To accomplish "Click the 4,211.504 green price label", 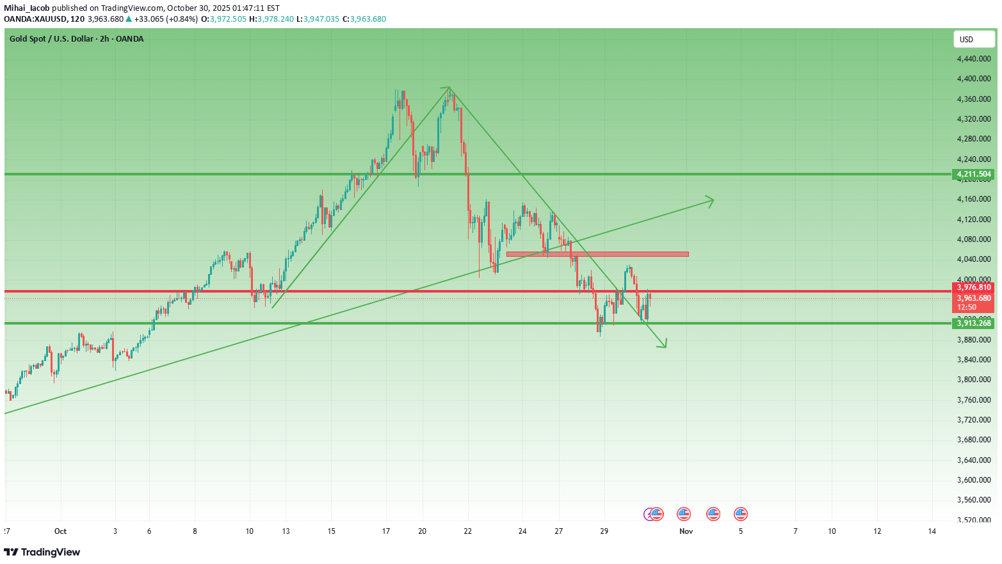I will click(x=974, y=174).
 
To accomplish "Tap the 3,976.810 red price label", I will click(x=974, y=287).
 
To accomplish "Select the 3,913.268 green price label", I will click(x=974, y=323).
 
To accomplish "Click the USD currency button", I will click(x=974, y=40).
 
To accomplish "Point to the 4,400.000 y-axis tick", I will click(x=974, y=79).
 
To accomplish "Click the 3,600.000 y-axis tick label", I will click(x=974, y=480).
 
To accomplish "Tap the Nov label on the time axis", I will click(x=686, y=531).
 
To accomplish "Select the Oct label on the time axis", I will click(x=60, y=531).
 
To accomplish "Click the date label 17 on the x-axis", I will click(x=386, y=531).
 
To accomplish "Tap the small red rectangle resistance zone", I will click(x=597, y=254).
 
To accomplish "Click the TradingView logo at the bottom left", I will click(x=42, y=552).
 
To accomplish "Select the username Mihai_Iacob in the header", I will click(x=27, y=8).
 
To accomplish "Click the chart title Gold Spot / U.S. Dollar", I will click(x=76, y=39).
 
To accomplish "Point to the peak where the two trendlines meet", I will click(x=449, y=87).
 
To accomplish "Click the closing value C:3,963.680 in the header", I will click(x=364, y=19).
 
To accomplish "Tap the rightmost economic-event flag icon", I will click(x=741, y=513).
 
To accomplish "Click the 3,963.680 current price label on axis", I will click(x=974, y=298).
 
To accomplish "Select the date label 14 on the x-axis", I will click(x=932, y=531).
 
